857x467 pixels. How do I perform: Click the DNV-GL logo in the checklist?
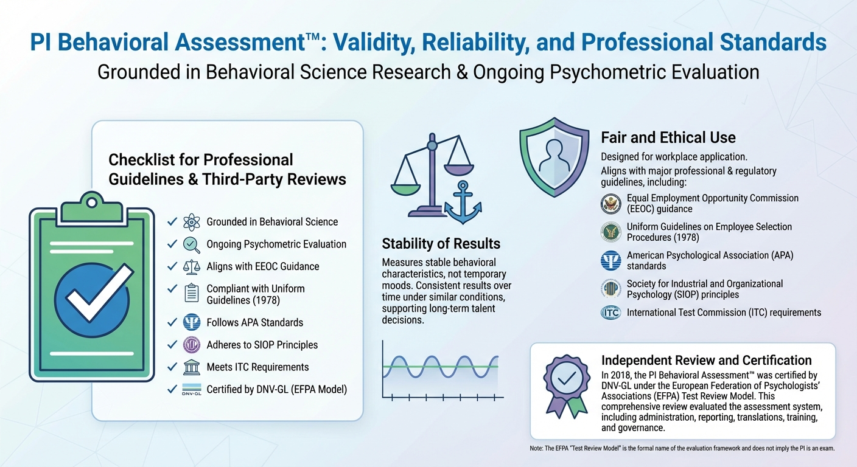191,390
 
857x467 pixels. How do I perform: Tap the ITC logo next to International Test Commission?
610,313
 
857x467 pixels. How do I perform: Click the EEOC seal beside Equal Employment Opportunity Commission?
610,203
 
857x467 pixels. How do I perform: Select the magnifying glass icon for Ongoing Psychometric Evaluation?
191,244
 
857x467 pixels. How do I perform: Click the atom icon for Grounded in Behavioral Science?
191,222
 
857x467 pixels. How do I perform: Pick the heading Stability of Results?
441,244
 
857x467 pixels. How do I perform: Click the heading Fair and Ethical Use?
668,137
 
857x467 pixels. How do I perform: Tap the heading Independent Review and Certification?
706,360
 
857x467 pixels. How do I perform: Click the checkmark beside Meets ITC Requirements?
172,367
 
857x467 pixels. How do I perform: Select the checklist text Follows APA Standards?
254,322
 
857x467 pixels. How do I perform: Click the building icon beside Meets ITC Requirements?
191,367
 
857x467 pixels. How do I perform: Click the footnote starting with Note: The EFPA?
682,448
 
